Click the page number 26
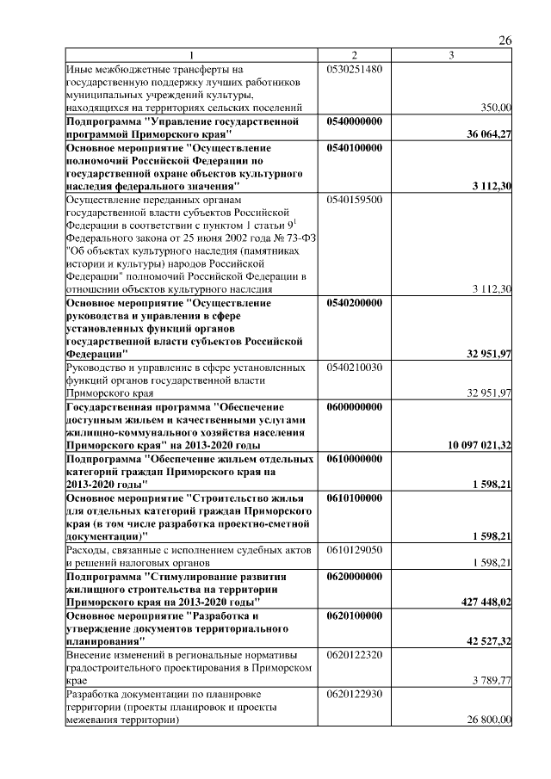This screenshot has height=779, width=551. [505, 40]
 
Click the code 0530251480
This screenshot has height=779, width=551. [355, 68]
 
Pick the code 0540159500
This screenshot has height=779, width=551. [355, 199]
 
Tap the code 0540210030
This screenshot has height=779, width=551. [355, 368]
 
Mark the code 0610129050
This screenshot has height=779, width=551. [355, 549]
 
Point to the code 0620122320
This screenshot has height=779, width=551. [355, 655]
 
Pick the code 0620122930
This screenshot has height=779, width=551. [355, 694]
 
